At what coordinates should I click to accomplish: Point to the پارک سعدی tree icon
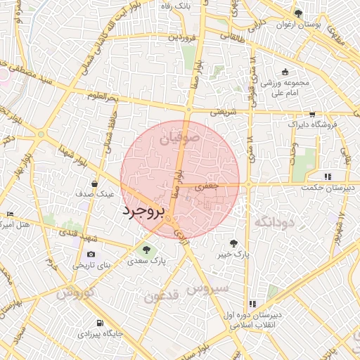point(146,249)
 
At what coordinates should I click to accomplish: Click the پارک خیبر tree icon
point(243,242)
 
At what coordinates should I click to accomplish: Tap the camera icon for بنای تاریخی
point(91,254)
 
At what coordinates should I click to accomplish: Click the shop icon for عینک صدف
point(94,184)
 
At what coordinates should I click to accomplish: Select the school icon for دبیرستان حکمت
point(327,176)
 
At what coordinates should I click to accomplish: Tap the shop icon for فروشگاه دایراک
point(312,115)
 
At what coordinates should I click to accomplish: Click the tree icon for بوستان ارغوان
point(299,13)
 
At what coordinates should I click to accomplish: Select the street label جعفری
point(208,186)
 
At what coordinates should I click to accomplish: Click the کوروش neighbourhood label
point(73,293)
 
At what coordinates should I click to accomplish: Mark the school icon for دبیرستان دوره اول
point(251,304)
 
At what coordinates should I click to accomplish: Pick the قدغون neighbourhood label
point(162,295)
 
